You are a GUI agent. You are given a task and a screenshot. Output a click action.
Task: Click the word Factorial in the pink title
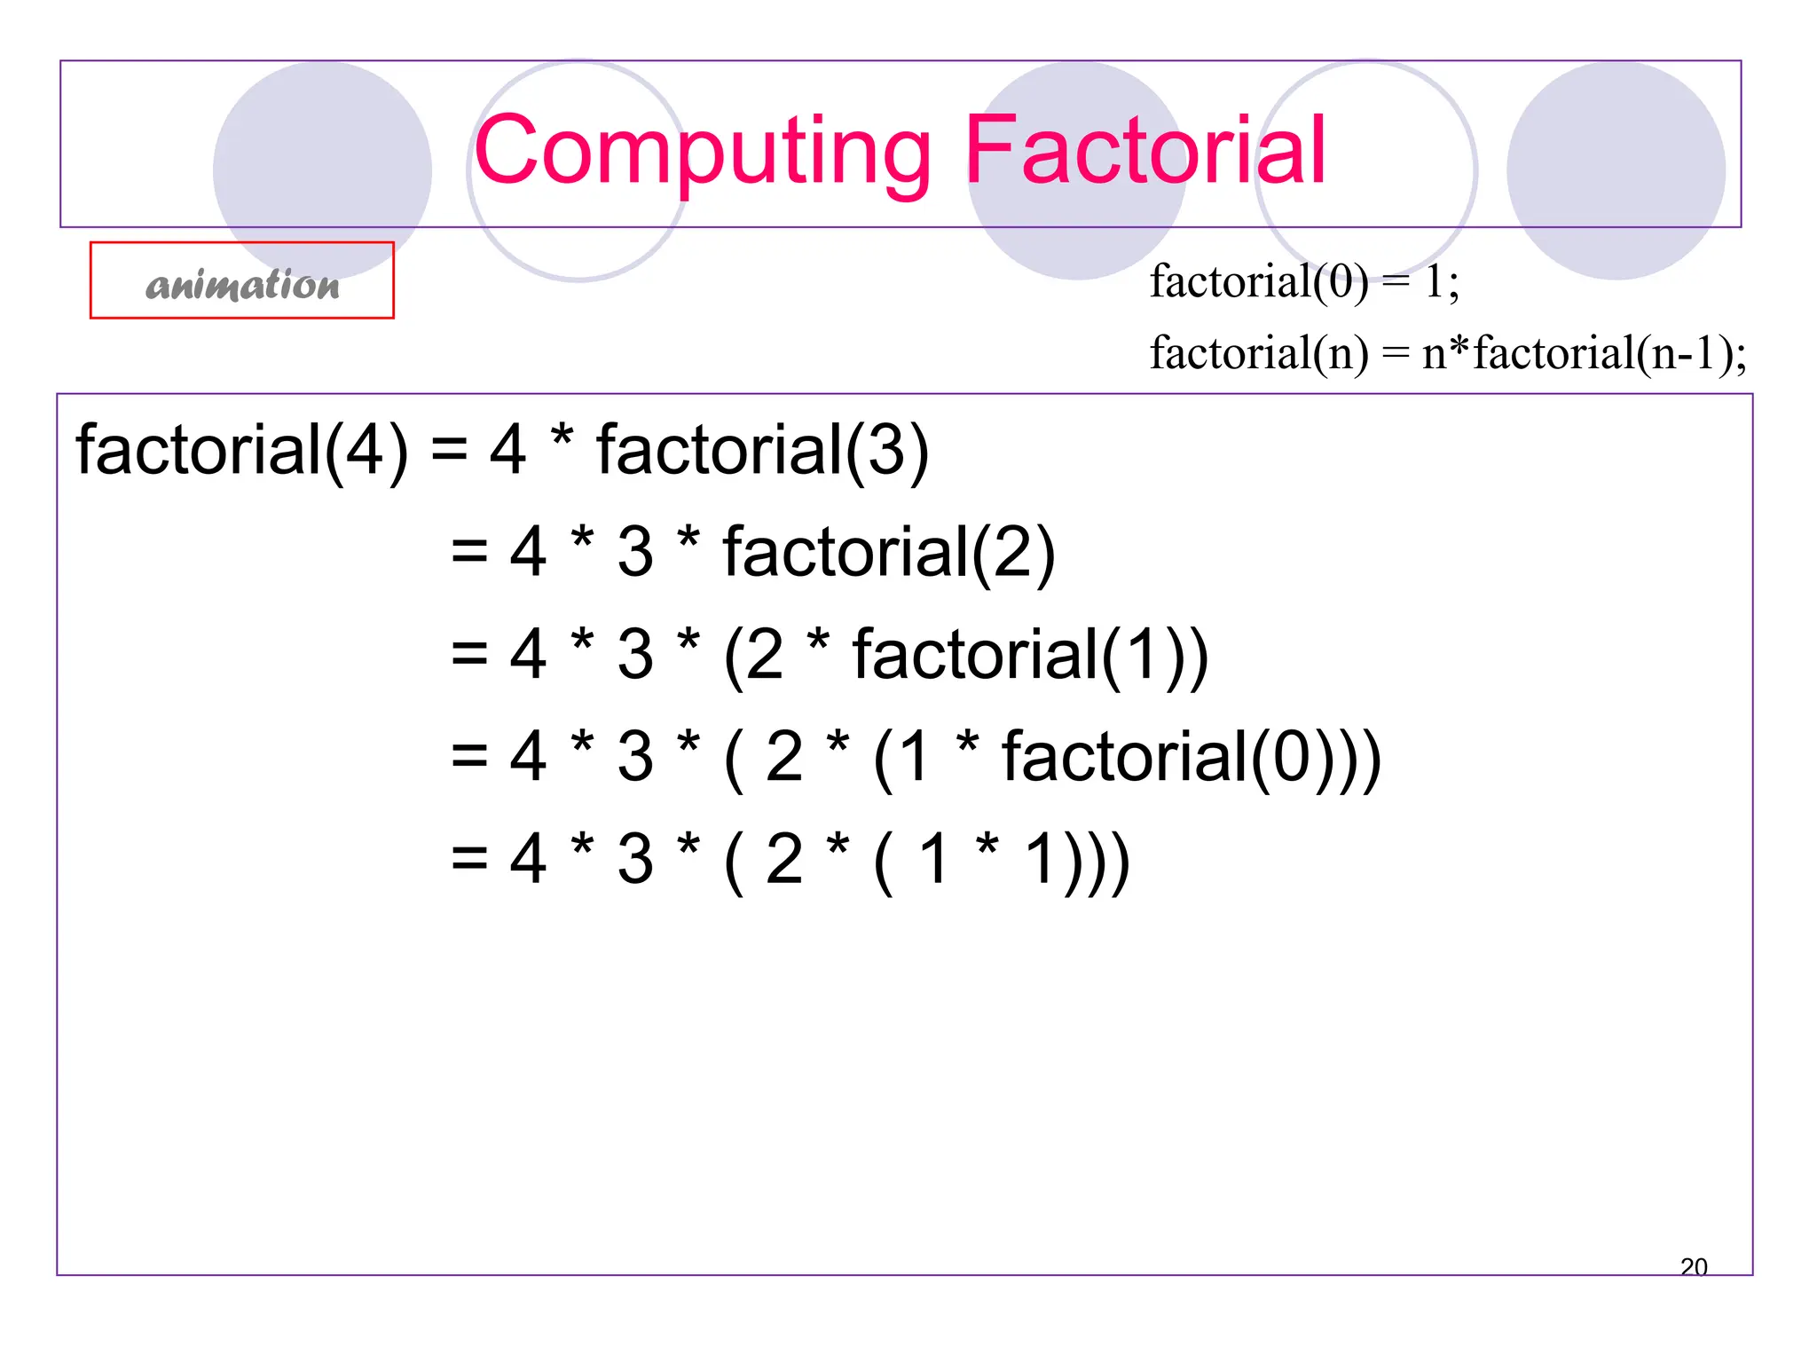tap(1144, 151)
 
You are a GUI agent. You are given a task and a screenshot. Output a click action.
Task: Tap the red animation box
tap(241, 280)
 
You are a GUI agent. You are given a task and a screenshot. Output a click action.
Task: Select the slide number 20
tap(1693, 1266)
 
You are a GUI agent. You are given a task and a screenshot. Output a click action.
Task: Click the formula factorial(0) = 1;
tap(1304, 282)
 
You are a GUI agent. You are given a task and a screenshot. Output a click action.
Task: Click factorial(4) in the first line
tap(241, 451)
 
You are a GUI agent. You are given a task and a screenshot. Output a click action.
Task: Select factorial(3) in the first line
tap(762, 451)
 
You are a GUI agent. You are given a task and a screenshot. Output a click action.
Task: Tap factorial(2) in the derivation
tap(889, 553)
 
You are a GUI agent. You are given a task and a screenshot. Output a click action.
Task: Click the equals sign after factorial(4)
tap(449, 451)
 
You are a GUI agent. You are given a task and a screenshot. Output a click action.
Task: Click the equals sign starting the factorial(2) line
tap(469, 553)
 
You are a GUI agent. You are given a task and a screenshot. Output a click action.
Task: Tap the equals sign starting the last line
tap(469, 859)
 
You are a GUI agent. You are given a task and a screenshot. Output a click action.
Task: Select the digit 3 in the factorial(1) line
tap(635, 655)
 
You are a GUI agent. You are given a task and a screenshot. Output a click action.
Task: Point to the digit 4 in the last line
tap(528, 859)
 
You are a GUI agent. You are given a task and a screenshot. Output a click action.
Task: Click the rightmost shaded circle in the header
tap(1616, 170)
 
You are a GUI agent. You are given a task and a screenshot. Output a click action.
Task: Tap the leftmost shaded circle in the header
tap(322, 170)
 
